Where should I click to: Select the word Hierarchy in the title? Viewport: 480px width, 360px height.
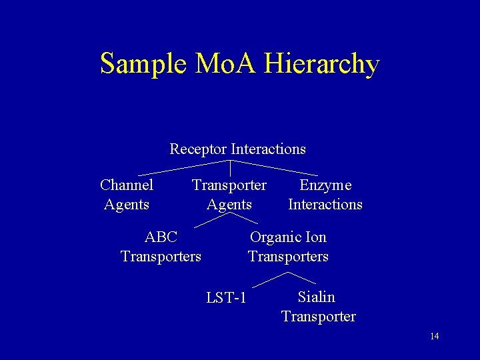pos(322,65)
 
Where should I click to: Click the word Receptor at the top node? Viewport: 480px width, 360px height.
pos(199,149)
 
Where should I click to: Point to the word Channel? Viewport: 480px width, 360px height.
pos(127,185)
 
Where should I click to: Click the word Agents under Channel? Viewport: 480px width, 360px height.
pos(127,204)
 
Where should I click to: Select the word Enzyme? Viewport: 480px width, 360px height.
pos(325,185)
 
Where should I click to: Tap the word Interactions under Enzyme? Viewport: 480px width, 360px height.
pos(325,204)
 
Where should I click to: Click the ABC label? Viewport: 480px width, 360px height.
pos(161,237)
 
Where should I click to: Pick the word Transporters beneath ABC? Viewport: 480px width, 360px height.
pos(161,256)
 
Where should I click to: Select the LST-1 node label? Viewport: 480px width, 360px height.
pos(227,297)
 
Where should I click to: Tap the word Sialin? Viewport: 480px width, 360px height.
pos(317,297)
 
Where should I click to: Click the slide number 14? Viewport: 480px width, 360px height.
pos(434,336)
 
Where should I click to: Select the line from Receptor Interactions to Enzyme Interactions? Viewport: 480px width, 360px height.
pos(277,167)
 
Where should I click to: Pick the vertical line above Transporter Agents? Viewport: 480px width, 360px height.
pos(230,168)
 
